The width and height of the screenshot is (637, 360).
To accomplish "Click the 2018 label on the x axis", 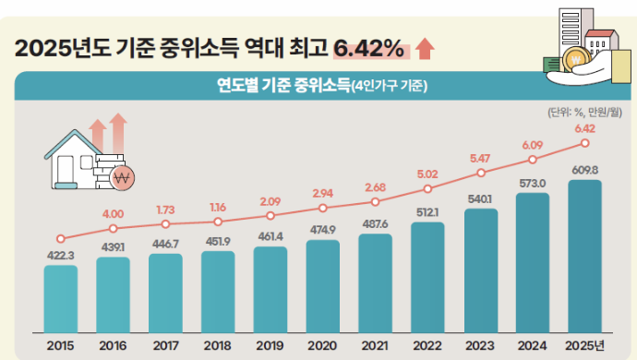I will tap(218, 345).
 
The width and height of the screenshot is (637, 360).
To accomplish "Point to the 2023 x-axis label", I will tap(480, 345).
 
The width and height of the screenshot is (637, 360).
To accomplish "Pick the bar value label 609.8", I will tap(584, 170).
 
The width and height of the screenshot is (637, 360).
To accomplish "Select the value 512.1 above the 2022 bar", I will tap(427, 212).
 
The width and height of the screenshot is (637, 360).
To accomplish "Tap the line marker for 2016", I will tap(113, 228).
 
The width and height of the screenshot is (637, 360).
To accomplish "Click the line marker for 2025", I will tap(584, 143).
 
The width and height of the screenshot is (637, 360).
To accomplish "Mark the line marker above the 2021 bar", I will tap(375, 202).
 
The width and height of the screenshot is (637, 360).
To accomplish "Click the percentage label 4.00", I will tap(113, 213).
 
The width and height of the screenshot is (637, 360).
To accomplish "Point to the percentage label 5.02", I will tap(427, 174).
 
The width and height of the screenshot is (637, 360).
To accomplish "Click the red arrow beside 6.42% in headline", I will tap(425, 47).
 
